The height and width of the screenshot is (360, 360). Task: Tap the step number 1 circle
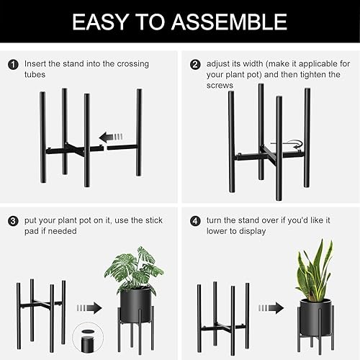14,64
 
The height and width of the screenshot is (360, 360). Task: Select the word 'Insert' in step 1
37,64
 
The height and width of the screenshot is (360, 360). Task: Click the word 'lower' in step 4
216,232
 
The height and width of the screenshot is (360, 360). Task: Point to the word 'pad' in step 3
32,232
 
